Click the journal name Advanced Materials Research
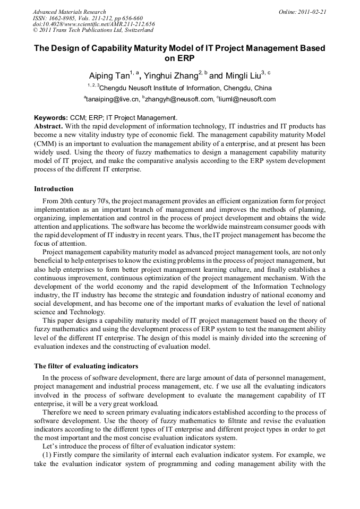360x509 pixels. pos(69,12)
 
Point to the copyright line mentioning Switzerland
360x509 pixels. pos(93,30)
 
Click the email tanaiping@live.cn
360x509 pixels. pos(113,99)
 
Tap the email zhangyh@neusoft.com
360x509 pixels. pos(177,99)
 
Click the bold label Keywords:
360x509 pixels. pos(50,118)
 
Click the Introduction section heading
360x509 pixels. pos(54,189)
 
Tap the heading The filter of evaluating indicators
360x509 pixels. pos(86,366)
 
